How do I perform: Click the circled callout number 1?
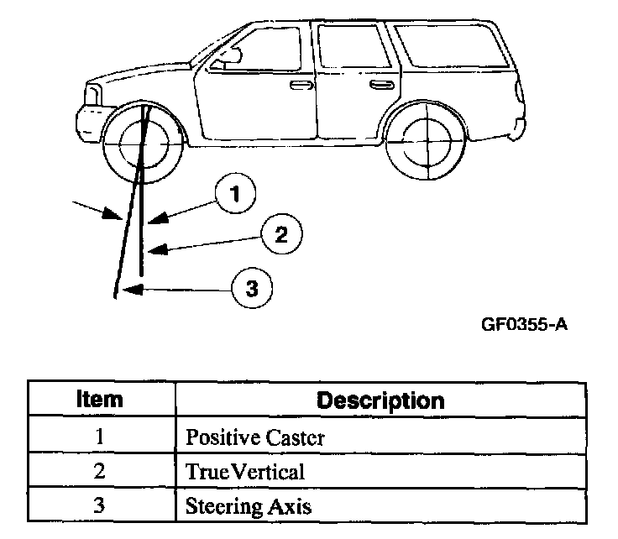click(x=236, y=193)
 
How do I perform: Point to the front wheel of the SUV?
click(x=143, y=143)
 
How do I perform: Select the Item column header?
click(x=99, y=400)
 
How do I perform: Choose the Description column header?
click(x=380, y=400)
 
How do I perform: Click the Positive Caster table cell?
click(x=254, y=437)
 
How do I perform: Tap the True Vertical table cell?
click(x=245, y=472)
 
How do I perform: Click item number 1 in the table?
click(x=99, y=437)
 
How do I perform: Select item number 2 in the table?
click(x=99, y=472)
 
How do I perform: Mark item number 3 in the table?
click(x=99, y=507)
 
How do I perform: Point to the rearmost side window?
click(x=452, y=48)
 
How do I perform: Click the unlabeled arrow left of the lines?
click(x=97, y=208)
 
